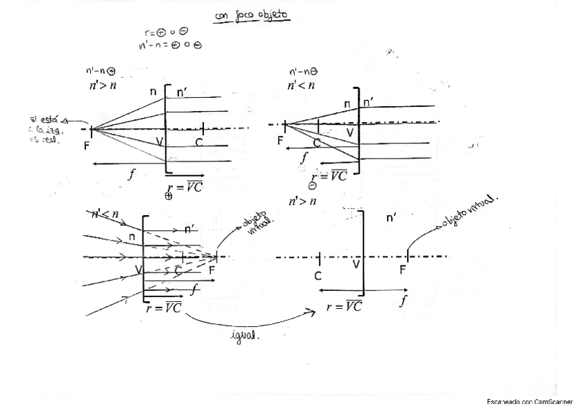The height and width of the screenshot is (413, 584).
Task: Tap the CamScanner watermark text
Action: pyautogui.click(x=530, y=401)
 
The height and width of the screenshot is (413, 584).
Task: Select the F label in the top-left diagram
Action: pyautogui.click(x=86, y=145)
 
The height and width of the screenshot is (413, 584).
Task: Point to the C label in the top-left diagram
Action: pyautogui.click(x=199, y=143)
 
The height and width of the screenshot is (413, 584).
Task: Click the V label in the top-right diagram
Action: pyautogui.click(x=349, y=132)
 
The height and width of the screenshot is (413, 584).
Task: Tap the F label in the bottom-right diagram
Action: pyautogui.click(x=403, y=270)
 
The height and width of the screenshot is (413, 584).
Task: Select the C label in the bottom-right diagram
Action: pyautogui.click(x=317, y=276)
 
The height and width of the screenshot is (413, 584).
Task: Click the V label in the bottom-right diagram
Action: pyautogui.click(x=356, y=263)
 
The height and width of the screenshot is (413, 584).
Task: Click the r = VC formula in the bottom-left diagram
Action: pyautogui.click(x=164, y=308)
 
